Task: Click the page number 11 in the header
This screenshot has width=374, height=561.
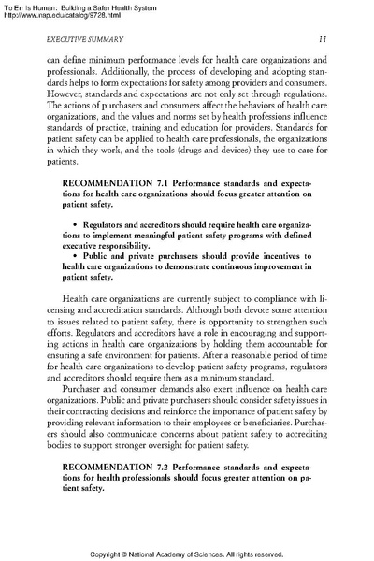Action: point(323,38)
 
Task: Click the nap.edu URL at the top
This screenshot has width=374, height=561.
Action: point(62,15)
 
